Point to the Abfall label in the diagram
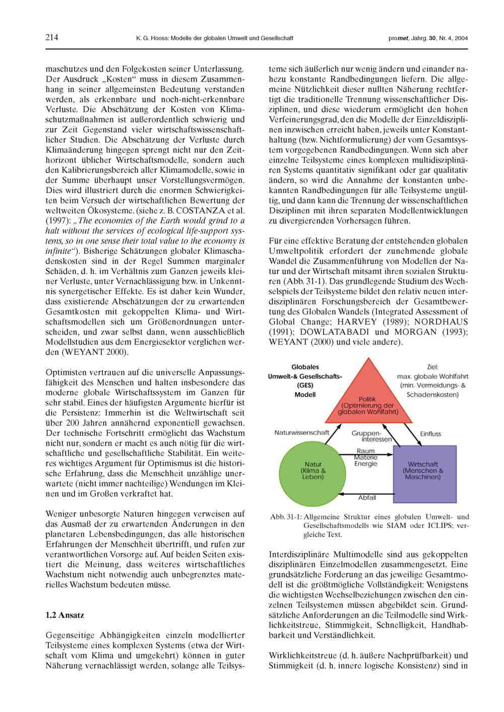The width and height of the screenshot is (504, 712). pos(366,497)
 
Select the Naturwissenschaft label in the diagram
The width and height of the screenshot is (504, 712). pos(301,432)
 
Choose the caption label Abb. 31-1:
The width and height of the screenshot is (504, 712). pos(286,516)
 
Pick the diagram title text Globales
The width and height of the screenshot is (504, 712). pos(305,367)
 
